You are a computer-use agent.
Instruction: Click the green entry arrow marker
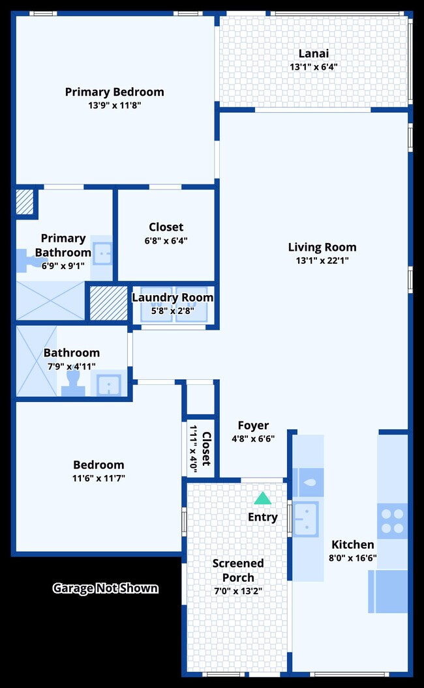tap(262, 498)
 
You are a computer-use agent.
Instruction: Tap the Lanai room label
tap(313, 53)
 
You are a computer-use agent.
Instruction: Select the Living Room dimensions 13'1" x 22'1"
tap(322, 261)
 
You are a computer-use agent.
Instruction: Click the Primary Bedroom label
tap(114, 92)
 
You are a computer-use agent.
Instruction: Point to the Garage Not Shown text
tap(105, 588)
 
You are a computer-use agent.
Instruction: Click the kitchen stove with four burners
tap(392, 521)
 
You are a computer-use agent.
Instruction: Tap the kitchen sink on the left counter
tap(305, 519)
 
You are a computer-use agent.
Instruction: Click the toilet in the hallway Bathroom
tap(73, 383)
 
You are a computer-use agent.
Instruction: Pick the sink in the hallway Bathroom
tap(109, 384)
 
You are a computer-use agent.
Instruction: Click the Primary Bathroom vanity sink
tap(102, 253)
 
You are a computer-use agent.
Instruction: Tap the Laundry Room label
tap(172, 298)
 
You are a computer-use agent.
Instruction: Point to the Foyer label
tap(253, 425)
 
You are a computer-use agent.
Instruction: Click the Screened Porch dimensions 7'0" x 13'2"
tap(238, 592)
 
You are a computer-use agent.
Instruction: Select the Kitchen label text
tap(353, 545)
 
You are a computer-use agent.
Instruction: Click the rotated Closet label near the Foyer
tap(206, 448)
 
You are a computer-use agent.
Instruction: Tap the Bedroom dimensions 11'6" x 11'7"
tap(98, 478)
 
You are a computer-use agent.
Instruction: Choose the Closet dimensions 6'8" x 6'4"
tap(166, 240)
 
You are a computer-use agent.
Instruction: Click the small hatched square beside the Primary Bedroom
tap(24, 201)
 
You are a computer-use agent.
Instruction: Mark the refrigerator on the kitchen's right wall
tap(389, 591)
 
